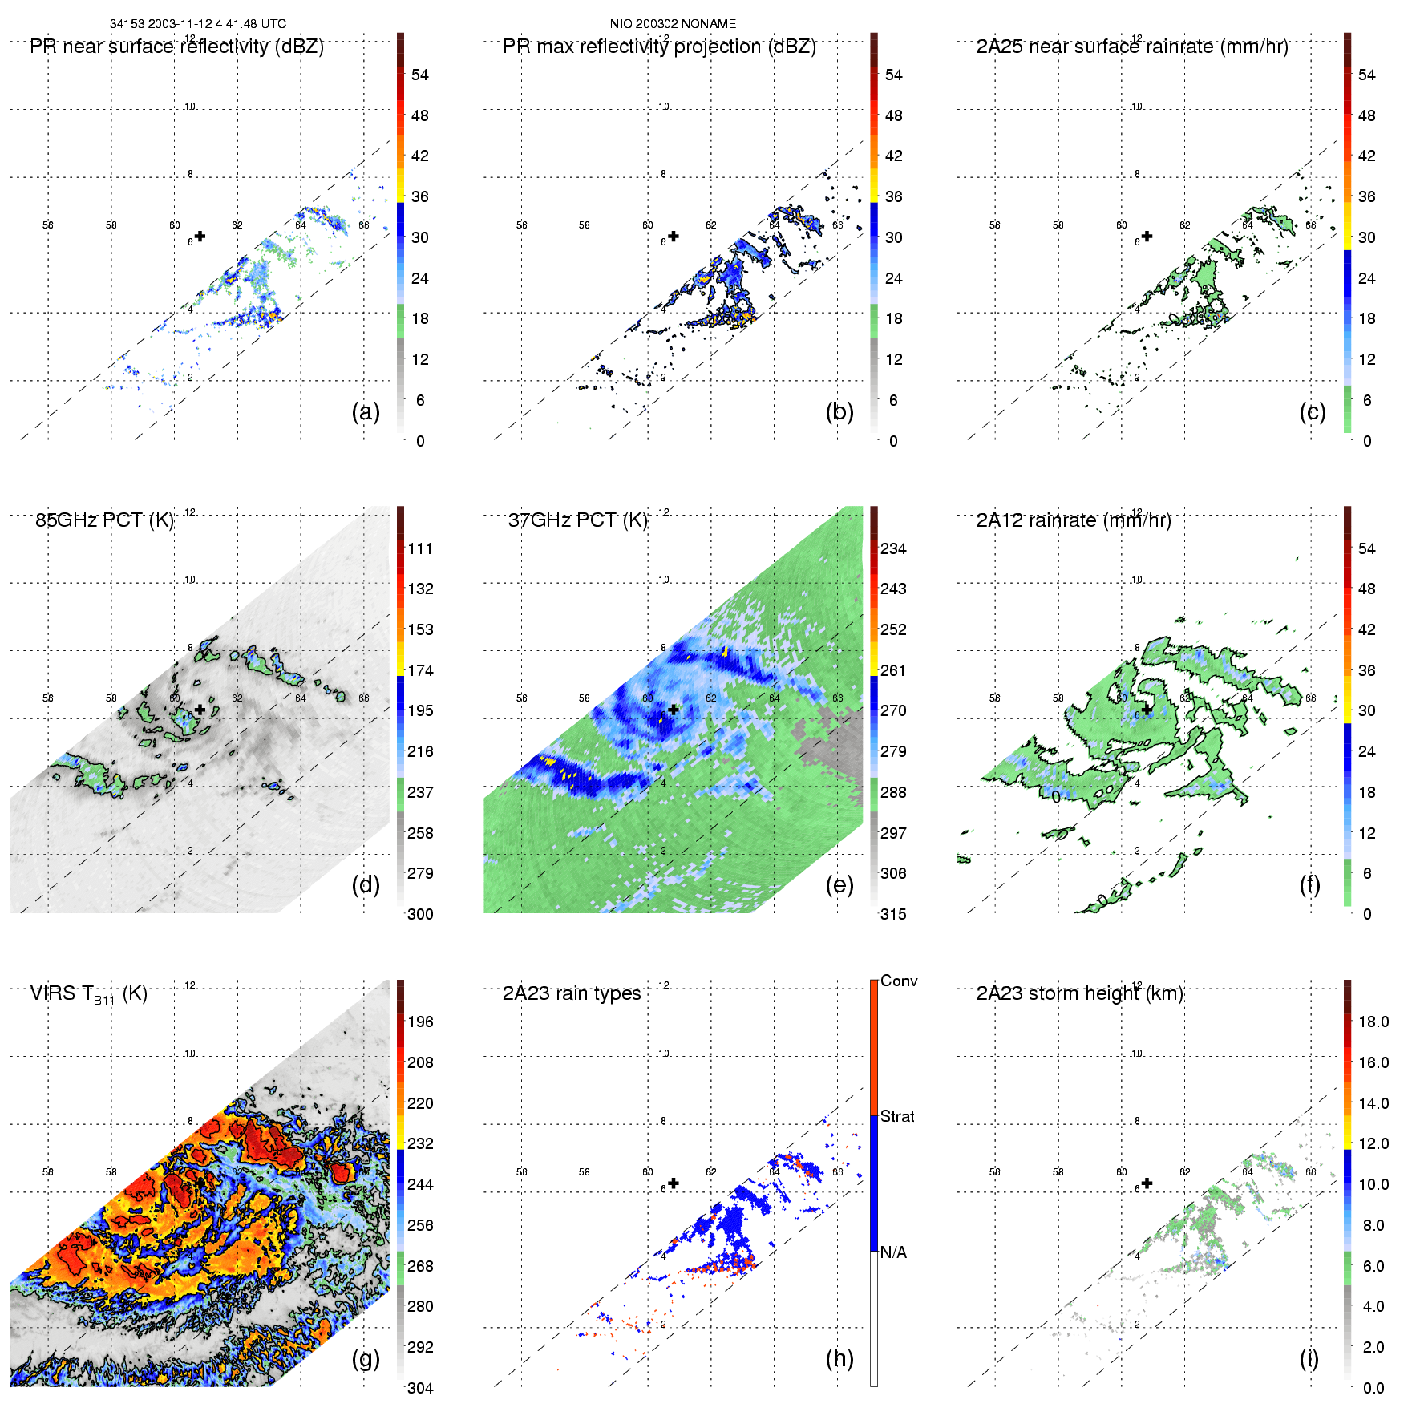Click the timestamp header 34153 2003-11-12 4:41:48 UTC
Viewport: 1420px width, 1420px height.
click(x=197, y=24)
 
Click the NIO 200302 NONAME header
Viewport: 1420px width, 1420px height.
click(x=673, y=24)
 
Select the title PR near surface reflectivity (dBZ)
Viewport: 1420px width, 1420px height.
click(x=176, y=47)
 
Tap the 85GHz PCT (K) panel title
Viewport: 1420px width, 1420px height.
click(x=104, y=520)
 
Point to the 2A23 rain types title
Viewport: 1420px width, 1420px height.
click(x=571, y=993)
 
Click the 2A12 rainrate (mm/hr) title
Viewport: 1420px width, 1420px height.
click(x=1073, y=520)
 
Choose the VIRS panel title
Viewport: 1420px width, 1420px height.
click(x=88, y=994)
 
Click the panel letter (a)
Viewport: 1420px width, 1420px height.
click(x=366, y=411)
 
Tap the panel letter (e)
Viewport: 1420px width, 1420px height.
click(x=839, y=884)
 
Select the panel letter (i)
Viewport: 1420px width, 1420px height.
click(x=1309, y=1358)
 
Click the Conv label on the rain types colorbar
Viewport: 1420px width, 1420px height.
click(x=898, y=981)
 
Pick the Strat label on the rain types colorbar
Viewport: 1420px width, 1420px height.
click(x=897, y=1116)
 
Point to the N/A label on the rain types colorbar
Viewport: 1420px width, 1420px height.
click(x=893, y=1252)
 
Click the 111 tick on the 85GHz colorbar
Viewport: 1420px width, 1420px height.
click(x=420, y=548)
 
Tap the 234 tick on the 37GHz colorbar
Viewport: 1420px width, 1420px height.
click(x=893, y=548)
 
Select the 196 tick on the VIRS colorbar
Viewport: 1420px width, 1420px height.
click(x=420, y=1022)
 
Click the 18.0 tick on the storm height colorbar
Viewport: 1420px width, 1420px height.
click(x=1373, y=1022)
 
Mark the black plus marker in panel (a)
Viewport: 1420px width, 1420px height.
click(x=200, y=236)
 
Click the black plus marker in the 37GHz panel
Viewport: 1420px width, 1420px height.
click(x=674, y=710)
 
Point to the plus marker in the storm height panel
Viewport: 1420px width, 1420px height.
click(x=1147, y=1183)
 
